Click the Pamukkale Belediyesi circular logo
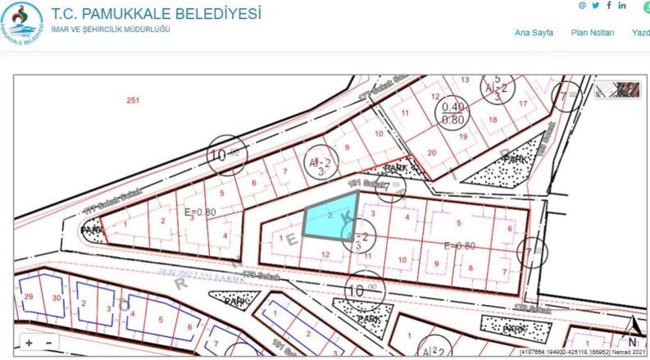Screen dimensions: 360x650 click(x=22, y=22)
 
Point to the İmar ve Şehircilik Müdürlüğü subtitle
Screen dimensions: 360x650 click(x=111, y=30)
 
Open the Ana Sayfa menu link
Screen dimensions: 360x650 click(x=534, y=33)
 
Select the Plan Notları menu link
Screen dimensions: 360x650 click(x=592, y=33)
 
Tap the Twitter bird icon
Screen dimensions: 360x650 click(x=596, y=6)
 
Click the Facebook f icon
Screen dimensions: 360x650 click(x=609, y=6)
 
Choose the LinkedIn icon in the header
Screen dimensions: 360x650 click(x=623, y=6)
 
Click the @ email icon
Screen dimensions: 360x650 click(x=582, y=6)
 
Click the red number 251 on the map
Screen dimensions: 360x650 click(x=134, y=101)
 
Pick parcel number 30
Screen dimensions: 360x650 click(x=56, y=298)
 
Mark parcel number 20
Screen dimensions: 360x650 click(x=432, y=153)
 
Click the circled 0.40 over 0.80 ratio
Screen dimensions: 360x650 click(x=452, y=112)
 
